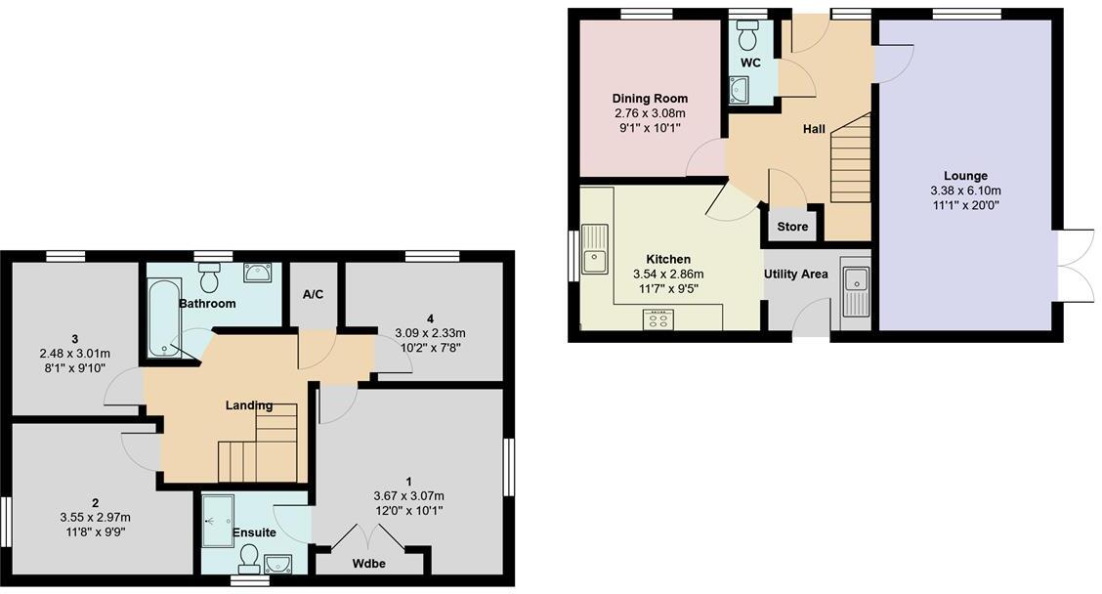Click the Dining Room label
tap(650, 99)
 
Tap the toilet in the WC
tap(749, 37)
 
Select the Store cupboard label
tap(792, 227)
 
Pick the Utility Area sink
tap(856, 290)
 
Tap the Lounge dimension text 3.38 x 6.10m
tap(965, 191)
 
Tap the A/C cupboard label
tap(313, 294)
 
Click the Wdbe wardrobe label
tap(369, 564)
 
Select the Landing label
tap(249, 405)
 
